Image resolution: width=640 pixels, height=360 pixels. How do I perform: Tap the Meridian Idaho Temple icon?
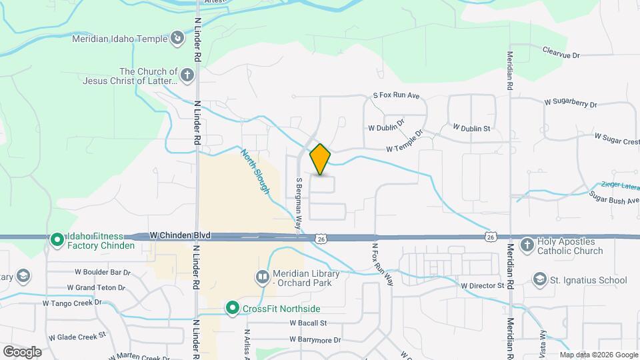click(177, 39)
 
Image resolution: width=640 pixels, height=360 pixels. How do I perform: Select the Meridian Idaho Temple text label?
click(121, 39)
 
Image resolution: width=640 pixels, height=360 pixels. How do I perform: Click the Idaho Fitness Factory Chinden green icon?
click(57, 239)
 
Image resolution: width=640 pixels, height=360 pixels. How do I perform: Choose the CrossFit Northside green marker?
click(233, 308)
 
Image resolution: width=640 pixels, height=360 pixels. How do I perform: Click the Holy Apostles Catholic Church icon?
click(527, 245)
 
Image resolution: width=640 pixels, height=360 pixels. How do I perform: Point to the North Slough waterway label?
click(256, 171)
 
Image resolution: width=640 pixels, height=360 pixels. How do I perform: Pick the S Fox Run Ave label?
click(397, 96)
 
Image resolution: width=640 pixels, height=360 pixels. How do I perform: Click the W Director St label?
click(483, 285)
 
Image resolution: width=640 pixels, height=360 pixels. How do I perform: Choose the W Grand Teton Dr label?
click(95, 287)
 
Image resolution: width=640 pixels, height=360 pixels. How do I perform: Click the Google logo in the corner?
click(22, 351)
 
